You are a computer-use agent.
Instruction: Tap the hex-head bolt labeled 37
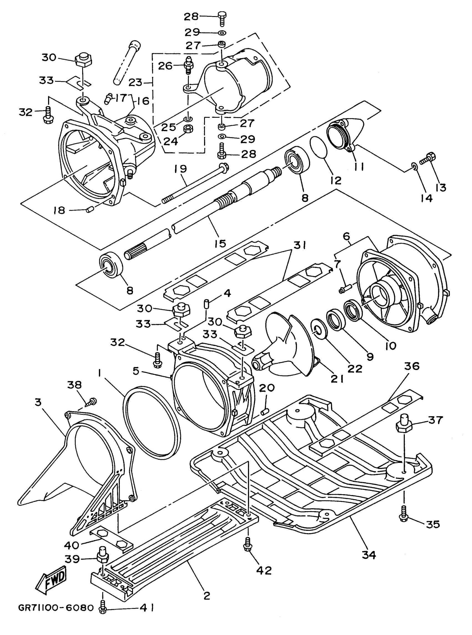pyautogui.click(x=403, y=426)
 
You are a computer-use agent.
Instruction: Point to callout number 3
pyautogui.click(x=38, y=402)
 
